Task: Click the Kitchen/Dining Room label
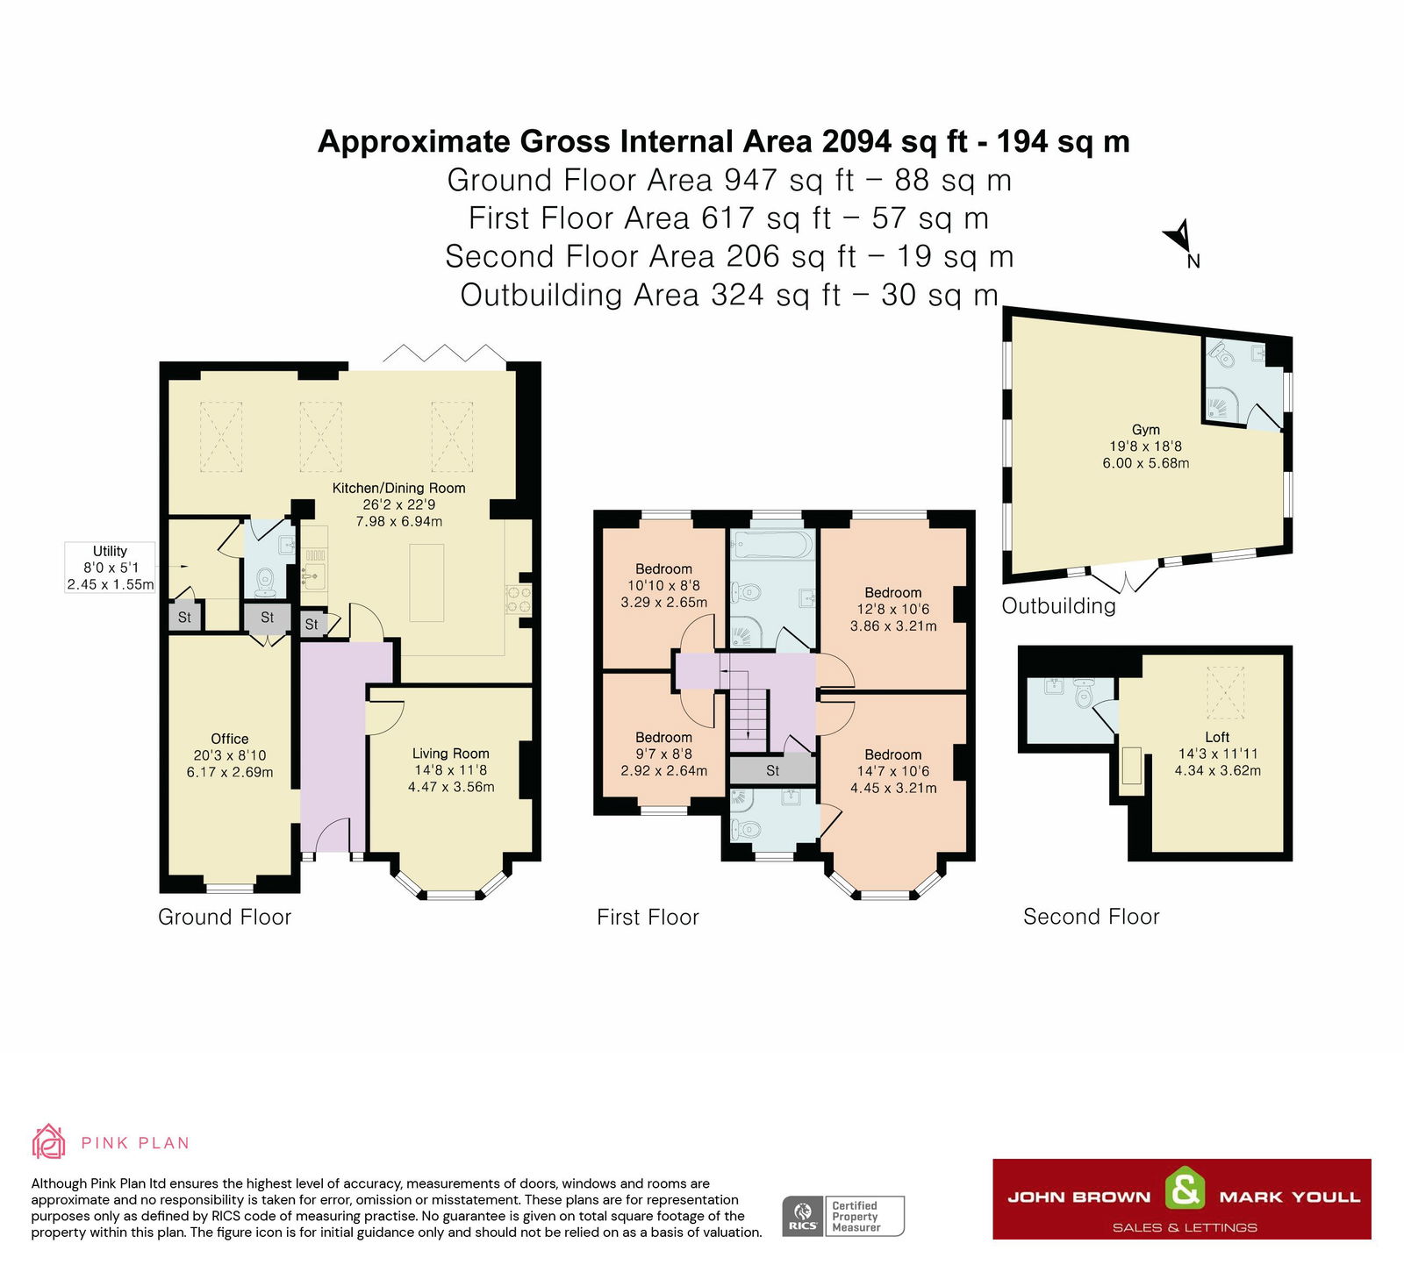point(399,504)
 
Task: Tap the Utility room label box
point(111,568)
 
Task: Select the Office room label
point(230,755)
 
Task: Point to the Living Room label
point(451,770)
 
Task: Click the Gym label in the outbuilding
point(1146,446)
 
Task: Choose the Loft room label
point(1218,754)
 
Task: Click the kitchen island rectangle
point(426,583)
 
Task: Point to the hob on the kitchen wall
point(518,600)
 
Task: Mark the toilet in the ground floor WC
point(265,581)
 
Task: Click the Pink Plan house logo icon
point(48,1141)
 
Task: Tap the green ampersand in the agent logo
point(1185,1190)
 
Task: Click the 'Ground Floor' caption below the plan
point(225,917)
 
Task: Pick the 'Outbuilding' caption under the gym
point(1059,606)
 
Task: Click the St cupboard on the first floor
point(772,769)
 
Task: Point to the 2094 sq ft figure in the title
point(895,141)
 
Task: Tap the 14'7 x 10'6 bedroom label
point(893,771)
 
